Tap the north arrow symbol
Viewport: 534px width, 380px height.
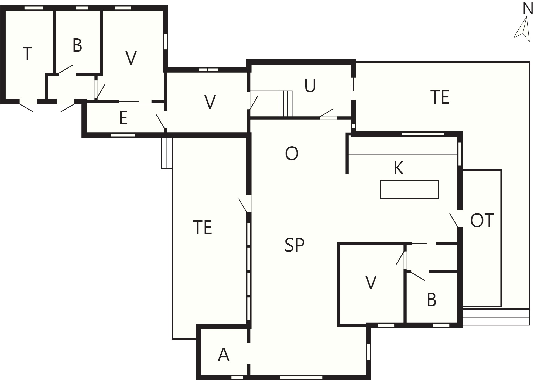[x=523, y=29]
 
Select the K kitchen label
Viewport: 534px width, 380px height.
[x=399, y=168]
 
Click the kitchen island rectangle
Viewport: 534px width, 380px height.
[x=409, y=189]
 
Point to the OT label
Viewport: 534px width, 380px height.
[x=482, y=220]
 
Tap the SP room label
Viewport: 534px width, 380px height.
[x=295, y=245]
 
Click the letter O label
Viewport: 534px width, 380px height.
[x=292, y=154]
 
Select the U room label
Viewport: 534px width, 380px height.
[x=310, y=86]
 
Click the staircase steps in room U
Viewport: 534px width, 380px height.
[x=285, y=104]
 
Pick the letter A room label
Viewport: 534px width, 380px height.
[x=224, y=355]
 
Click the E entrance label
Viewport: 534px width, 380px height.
[x=123, y=118]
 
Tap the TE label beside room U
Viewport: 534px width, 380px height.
[x=440, y=97]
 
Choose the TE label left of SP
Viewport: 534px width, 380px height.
[x=203, y=227]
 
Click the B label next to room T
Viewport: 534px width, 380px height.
[x=77, y=45]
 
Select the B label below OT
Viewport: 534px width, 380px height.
[x=432, y=300]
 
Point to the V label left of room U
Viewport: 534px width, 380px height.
[x=210, y=102]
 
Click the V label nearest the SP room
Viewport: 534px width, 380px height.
[x=371, y=282]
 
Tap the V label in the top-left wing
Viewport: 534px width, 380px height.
[x=131, y=58]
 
